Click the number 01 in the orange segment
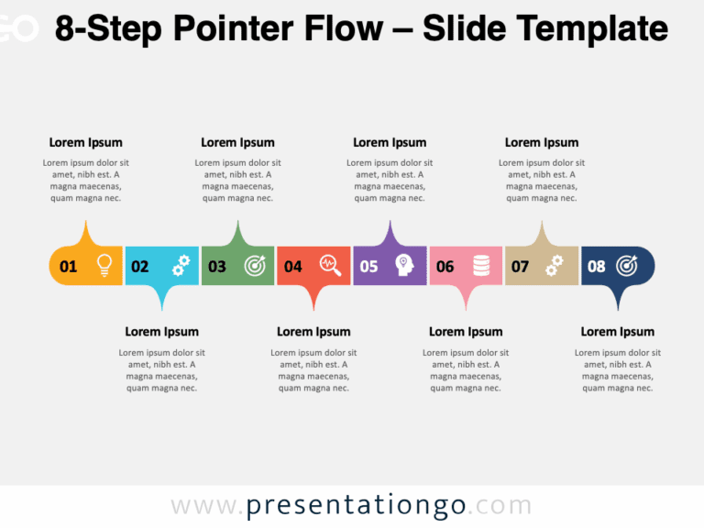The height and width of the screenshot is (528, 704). pyautogui.click(x=68, y=267)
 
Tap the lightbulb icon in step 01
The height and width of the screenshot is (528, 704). pyautogui.click(x=104, y=265)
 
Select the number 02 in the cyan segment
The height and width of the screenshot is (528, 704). pyautogui.click(x=139, y=267)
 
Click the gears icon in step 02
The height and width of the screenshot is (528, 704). pyautogui.click(x=181, y=265)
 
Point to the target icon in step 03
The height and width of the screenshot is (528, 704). pyautogui.click(x=255, y=266)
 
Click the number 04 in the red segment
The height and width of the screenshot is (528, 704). pyautogui.click(x=292, y=267)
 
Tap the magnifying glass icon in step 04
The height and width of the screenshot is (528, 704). pyautogui.click(x=330, y=265)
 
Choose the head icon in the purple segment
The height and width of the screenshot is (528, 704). pyautogui.click(x=404, y=266)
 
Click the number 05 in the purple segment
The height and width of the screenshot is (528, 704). pyautogui.click(x=368, y=267)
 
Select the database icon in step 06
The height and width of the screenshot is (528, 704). pyautogui.click(x=480, y=266)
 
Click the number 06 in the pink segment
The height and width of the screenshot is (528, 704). pyautogui.click(x=445, y=267)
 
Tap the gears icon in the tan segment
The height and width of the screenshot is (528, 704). pyautogui.click(x=554, y=265)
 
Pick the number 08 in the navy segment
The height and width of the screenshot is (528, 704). pyautogui.click(x=597, y=267)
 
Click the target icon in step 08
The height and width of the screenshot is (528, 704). pyautogui.click(x=627, y=266)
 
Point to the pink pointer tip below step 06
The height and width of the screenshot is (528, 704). pyautogui.click(x=467, y=302)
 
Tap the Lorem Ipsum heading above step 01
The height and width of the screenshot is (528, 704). pyautogui.click(x=85, y=142)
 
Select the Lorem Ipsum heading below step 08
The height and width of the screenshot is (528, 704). pyautogui.click(x=618, y=332)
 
